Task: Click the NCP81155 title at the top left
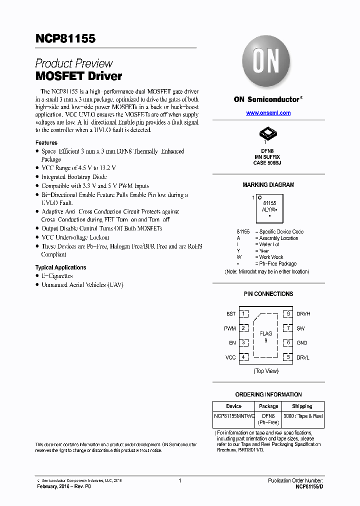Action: click(x=65, y=38)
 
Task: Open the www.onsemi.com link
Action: click(x=268, y=113)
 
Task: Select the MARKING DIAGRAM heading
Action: click(x=268, y=185)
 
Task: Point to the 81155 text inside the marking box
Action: click(x=269, y=204)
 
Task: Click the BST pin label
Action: click(x=231, y=314)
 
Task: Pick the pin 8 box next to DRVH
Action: click(x=288, y=314)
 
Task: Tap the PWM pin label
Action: click(x=230, y=328)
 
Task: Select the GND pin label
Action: click(x=302, y=343)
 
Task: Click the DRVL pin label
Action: click(x=303, y=357)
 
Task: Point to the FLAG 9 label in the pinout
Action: click(x=266, y=336)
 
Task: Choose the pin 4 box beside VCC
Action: click(x=243, y=357)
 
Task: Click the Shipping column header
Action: click(x=302, y=406)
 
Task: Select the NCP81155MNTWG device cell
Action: click(x=234, y=416)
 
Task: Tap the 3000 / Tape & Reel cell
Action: click(x=302, y=416)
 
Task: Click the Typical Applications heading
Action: click(x=60, y=267)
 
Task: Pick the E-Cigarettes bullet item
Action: click(x=57, y=276)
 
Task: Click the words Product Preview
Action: click(x=74, y=63)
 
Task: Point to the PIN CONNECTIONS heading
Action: click(x=268, y=294)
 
